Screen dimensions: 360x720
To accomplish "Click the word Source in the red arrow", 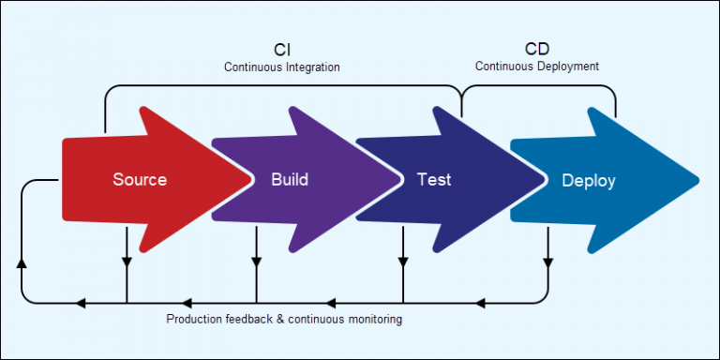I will [x=140, y=179].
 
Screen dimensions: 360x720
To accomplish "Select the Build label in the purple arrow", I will [x=289, y=179].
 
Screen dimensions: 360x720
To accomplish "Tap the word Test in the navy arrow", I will [x=434, y=179].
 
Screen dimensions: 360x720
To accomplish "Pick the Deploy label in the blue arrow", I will [x=588, y=180].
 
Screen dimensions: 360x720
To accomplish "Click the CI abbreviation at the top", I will [x=281, y=50].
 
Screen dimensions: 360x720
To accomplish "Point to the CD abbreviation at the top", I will [x=537, y=49].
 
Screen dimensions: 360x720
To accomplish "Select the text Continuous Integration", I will [x=281, y=67].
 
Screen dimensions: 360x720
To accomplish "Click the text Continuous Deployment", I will [x=537, y=67].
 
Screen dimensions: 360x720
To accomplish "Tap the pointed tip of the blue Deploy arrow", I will [x=697, y=177].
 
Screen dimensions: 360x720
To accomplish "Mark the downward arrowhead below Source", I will [x=127, y=261].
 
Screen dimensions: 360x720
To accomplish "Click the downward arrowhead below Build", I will [x=257, y=261].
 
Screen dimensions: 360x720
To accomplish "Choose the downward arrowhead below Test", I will [x=403, y=261].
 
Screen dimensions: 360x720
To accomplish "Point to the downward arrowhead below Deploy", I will [x=547, y=261].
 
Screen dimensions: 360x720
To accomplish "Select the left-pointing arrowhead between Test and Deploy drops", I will [x=481, y=303].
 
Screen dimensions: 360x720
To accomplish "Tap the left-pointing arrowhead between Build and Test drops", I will [x=332, y=303].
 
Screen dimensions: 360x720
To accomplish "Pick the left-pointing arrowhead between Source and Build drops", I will [x=186, y=303].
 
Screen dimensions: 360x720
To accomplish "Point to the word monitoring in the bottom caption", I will [x=374, y=320].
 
